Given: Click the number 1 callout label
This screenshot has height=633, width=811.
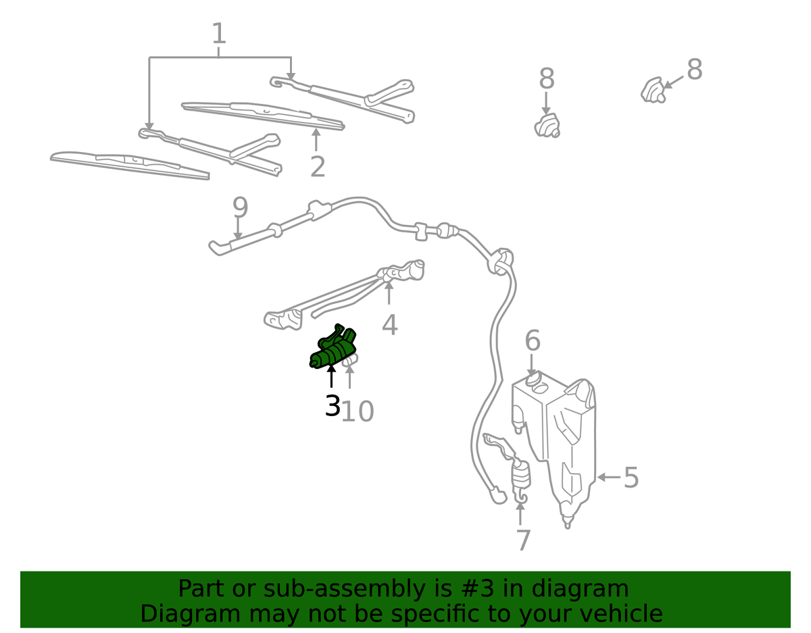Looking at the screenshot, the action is (219, 33).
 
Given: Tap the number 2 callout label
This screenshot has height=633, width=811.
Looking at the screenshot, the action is (318, 167).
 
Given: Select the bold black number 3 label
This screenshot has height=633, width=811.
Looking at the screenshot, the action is (333, 405).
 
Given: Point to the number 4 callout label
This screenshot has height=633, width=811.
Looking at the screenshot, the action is (390, 325).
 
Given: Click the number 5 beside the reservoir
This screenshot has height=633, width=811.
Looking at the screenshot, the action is (631, 477).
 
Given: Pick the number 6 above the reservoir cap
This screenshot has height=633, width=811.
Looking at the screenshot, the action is (533, 340).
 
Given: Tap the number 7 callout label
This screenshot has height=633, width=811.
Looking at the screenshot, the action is (524, 540).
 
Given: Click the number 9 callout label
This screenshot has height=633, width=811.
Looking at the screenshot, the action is (241, 207).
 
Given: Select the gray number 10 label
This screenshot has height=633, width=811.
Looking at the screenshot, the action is (358, 411).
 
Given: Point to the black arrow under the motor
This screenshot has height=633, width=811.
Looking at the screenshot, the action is (331, 376).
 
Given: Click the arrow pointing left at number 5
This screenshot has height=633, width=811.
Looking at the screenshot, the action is (608, 477).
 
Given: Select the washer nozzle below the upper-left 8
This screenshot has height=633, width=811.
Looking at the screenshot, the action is (547, 126).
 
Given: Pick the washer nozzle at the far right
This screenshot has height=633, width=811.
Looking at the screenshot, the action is (653, 90).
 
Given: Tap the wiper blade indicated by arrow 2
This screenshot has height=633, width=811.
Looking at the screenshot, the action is (263, 116).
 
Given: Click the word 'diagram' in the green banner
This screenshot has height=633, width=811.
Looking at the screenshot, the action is (580, 589).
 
